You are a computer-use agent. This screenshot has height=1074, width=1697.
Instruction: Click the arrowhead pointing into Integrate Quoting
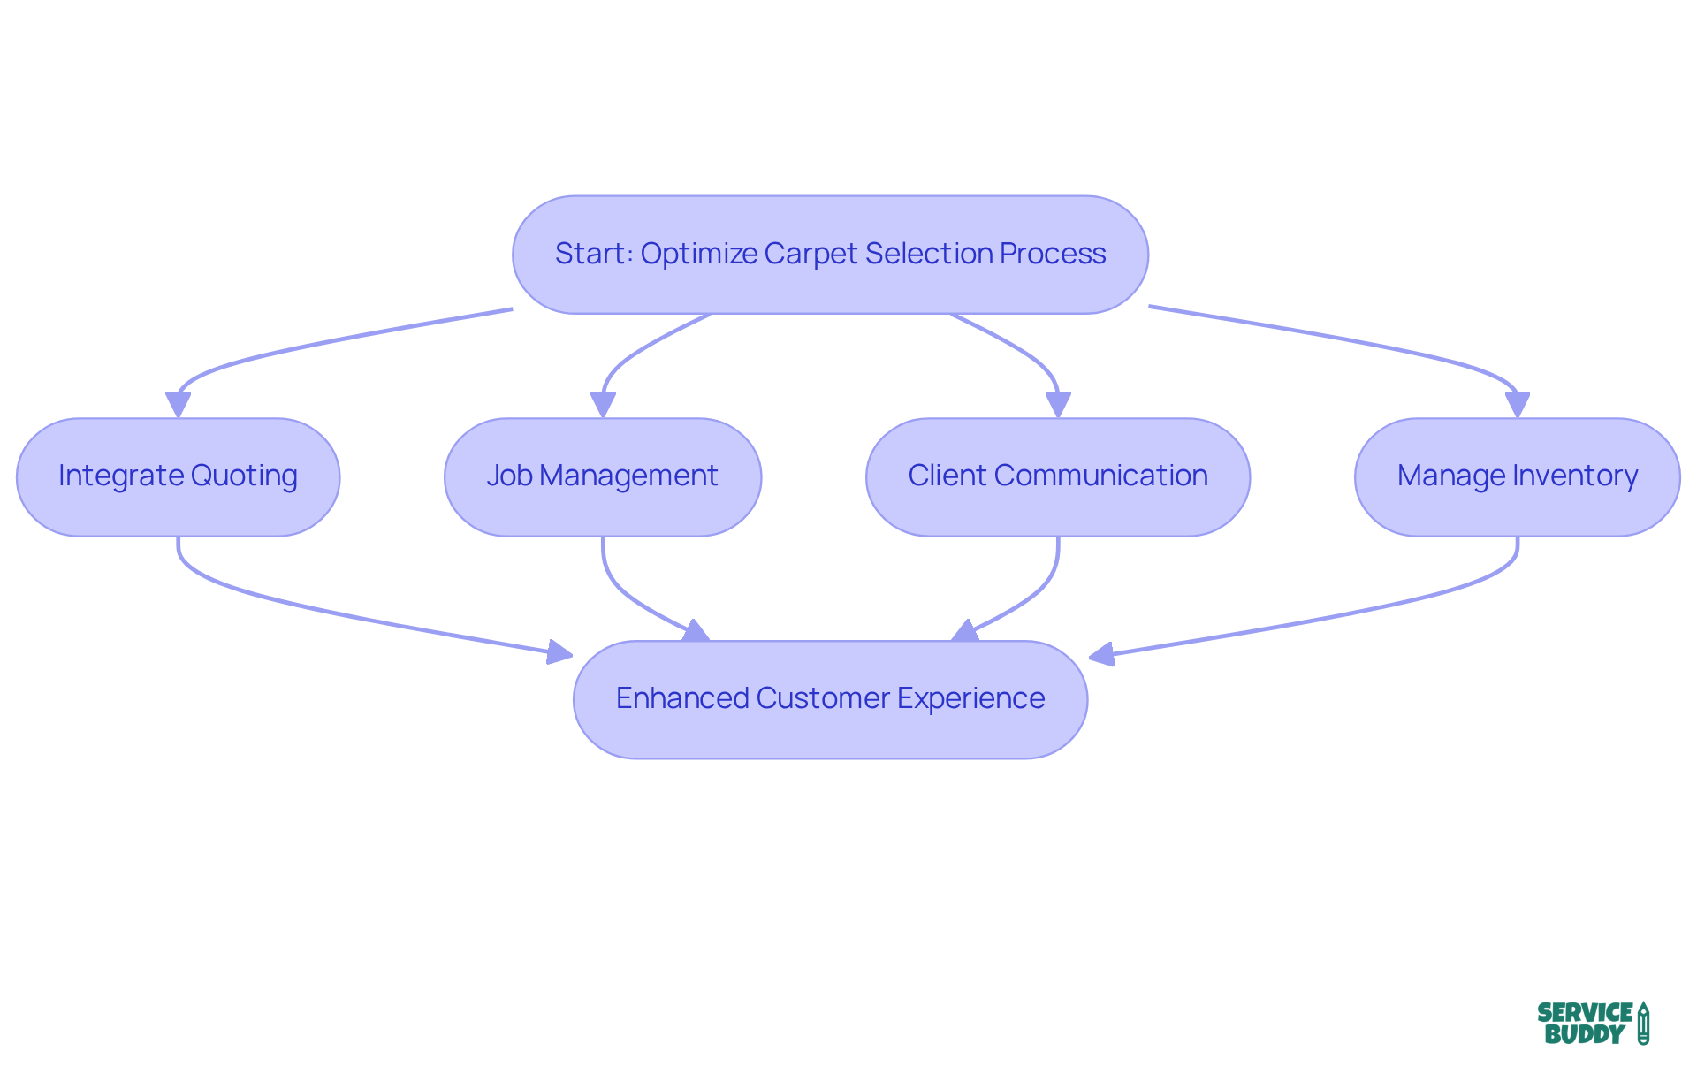[178, 405]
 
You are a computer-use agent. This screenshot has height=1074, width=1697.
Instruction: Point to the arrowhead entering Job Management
[603, 405]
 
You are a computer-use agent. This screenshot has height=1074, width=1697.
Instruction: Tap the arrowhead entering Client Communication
[1058, 405]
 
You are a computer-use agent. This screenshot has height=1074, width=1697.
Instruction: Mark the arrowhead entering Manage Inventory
[1518, 405]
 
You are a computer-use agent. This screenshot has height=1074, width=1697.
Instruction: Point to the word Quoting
[244, 476]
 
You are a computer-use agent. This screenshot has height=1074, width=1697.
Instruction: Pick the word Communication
[1100, 476]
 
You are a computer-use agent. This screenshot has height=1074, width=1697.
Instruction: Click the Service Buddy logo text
[1584, 1024]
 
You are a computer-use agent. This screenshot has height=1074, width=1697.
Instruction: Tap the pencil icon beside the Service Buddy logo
[1643, 1024]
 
